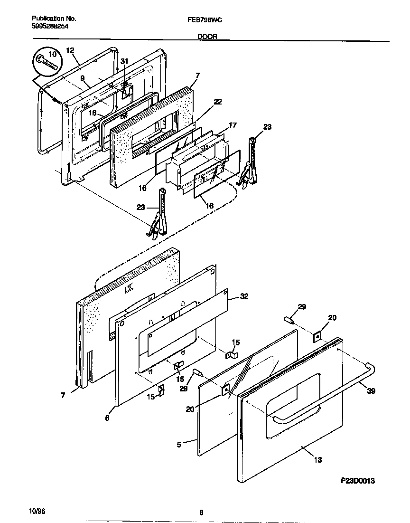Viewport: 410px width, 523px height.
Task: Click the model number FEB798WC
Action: [x=205, y=19]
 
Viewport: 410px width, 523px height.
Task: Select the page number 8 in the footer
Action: [x=201, y=512]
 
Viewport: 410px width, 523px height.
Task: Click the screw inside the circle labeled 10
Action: [x=47, y=62]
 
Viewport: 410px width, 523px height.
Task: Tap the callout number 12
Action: [x=70, y=50]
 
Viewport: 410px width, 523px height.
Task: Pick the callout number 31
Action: [x=124, y=61]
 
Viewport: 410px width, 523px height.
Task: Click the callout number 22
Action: [x=218, y=102]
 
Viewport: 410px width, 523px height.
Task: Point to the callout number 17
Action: [x=233, y=126]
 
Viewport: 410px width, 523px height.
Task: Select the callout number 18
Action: [x=92, y=114]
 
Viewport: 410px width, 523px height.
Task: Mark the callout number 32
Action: [x=244, y=296]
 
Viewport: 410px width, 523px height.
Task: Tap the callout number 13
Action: [x=317, y=459]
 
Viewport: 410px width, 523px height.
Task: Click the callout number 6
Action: [x=107, y=418]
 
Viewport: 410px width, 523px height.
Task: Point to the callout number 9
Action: [x=82, y=78]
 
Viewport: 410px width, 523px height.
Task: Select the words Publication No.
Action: [x=54, y=19]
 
